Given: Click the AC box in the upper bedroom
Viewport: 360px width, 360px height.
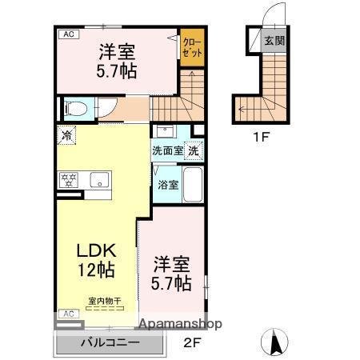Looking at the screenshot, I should (x=68, y=34).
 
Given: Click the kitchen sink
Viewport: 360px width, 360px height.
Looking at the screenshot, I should (x=98, y=179).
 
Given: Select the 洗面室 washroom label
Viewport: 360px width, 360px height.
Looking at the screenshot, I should (x=167, y=150).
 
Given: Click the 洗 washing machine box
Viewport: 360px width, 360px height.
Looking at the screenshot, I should (x=195, y=150).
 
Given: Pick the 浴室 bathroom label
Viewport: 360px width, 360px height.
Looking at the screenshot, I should (x=167, y=185).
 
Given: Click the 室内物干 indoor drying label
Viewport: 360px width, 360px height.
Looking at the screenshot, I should (x=104, y=301).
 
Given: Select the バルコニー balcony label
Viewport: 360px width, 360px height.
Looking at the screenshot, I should (x=110, y=343).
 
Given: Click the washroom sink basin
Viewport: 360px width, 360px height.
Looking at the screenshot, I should (x=166, y=131).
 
